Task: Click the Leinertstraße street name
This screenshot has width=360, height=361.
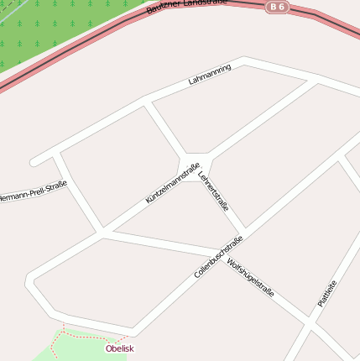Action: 214,191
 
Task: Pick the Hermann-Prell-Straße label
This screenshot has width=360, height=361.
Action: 32,191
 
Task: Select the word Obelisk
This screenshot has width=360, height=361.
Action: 119,348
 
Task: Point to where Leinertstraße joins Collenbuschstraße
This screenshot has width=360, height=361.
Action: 246,231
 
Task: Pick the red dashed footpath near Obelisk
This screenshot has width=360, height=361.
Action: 92,335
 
